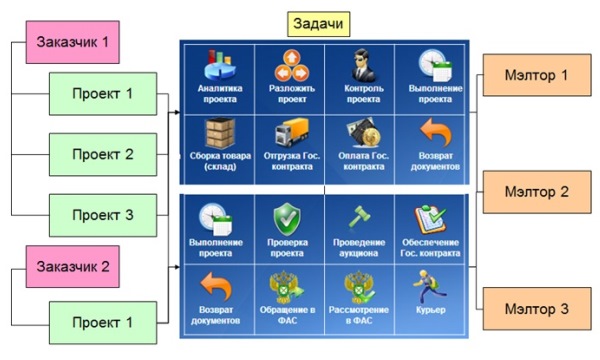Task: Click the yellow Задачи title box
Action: pos(318,24)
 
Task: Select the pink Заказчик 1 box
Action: pos(73,42)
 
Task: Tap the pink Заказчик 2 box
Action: pos(73,267)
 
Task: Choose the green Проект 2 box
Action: pos(103,155)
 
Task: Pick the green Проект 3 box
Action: pos(103,215)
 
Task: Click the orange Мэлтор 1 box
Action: pos(537,75)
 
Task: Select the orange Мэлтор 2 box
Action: pos(537,192)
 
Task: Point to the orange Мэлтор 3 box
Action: pos(537,309)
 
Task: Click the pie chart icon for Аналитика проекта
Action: pos(220,65)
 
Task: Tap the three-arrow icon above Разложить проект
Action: pos(292,65)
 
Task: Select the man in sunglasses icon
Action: pos(363,65)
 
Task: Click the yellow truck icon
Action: pos(292,132)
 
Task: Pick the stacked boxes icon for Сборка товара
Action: pos(220,133)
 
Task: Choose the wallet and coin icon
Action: pos(363,133)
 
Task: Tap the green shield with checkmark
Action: pos(287,219)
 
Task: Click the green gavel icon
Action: pos(359,217)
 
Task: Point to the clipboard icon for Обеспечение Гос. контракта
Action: pos(430,219)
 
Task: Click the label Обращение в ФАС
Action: pos(287,315)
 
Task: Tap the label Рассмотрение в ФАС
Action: pos(359,315)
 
